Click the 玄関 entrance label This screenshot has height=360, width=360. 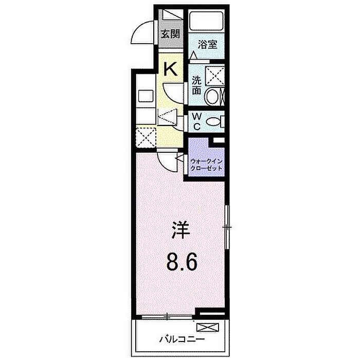pyautogui.click(x=170, y=34)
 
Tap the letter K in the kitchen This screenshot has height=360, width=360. pyautogui.click(x=170, y=69)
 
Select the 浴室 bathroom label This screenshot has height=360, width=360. pyautogui.click(x=208, y=45)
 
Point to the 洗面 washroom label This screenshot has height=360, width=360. pyautogui.click(x=196, y=85)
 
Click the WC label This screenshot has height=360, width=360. pyautogui.click(x=196, y=122)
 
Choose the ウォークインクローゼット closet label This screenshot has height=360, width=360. pyautogui.click(x=206, y=165)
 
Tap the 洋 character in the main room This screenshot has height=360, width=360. pyautogui.click(x=182, y=230)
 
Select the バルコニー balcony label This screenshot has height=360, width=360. pyautogui.click(x=182, y=339)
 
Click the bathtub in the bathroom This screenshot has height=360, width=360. pyautogui.click(x=206, y=20)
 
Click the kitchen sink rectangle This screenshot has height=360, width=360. pyautogui.click(x=146, y=97)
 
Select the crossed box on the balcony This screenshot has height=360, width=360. pyautogui.click(x=208, y=328)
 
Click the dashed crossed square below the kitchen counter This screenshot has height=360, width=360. pyautogui.click(x=146, y=138)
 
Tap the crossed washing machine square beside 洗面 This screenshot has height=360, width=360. pyautogui.click(x=214, y=76)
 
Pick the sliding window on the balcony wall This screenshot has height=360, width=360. pyautogui.click(x=167, y=317)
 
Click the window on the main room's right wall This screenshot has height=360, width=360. pyautogui.click(x=227, y=227)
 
